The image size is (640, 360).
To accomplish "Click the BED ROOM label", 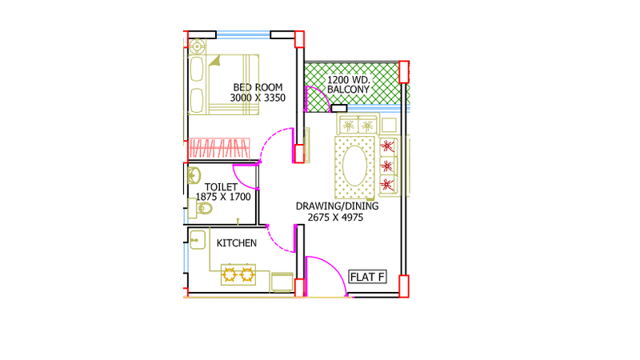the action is tap(258, 87).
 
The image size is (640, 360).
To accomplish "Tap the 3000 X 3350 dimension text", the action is tap(258, 98).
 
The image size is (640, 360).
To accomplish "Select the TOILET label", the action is tap(221, 187).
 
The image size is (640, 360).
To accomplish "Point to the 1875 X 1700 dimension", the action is tap(223, 197).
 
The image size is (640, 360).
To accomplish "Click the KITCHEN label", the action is tap(237, 243).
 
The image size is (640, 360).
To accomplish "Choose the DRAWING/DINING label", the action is tap(337, 206).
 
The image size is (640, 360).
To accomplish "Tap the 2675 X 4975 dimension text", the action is tap(335, 218).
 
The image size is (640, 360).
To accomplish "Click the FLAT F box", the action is tap(367, 277).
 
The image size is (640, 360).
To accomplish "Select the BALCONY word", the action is tap(348, 90).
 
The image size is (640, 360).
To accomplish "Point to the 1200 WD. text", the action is tap(349, 79).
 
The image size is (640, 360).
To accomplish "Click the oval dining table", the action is tap(354, 166).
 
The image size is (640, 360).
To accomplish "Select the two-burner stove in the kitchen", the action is tap(238, 274).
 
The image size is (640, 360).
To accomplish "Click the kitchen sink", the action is tap(198, 239).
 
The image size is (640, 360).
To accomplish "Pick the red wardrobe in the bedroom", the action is tap(219, 148).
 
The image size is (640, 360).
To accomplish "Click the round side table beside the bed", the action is tap(197, 46).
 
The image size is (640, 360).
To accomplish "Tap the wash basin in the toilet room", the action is tap(194, 175).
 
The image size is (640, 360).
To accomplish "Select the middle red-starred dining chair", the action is tap(387, 166).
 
